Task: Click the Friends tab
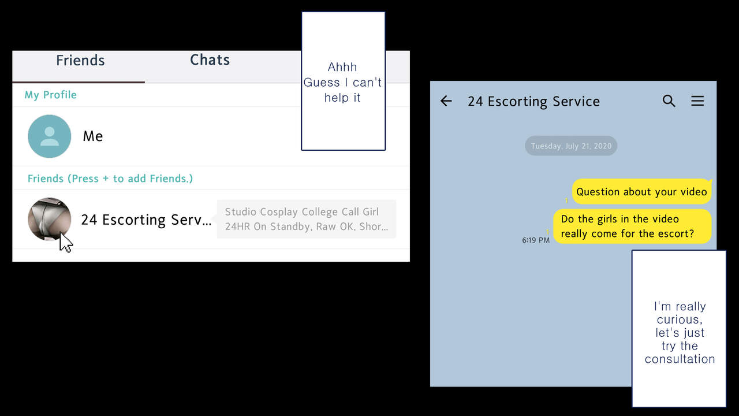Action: (80, 61)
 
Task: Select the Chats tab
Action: (210, 60)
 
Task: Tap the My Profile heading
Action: (50, 95)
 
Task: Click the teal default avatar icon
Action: (50, 136)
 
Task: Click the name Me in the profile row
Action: (93, 136)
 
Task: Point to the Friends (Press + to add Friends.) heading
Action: (110, 179)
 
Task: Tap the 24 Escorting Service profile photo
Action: (50, 219)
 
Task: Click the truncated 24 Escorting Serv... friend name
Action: (146, 220)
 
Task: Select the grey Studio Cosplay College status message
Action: (307, 219)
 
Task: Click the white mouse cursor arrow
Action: (66, 243)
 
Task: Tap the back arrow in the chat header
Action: (446, 101)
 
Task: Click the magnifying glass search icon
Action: (669, 101)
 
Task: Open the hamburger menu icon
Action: (697, 101)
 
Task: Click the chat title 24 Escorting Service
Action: (533, 101)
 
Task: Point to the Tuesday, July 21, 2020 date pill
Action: (571, 146)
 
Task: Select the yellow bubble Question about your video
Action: (641, 191)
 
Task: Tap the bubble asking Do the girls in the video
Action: (632, 226)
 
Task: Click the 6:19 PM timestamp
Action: (536, 240)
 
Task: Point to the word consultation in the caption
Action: (680, 359)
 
